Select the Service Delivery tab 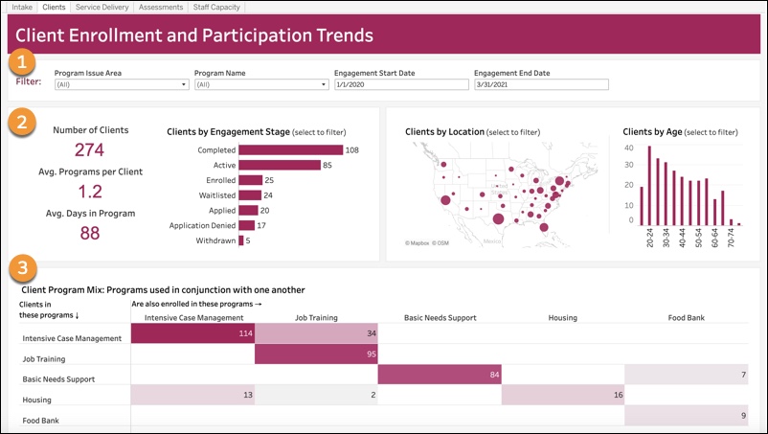pyautogui.click(x=101, y=7)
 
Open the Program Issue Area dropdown pyautogui.click(x=121, y=84)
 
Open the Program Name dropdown pyautogui.click(x=260, y=84)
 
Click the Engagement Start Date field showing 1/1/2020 pyautogui.click(x=400, y=84)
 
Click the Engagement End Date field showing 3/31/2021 pyautogui.click(x=541, y=84)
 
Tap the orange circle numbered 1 pyautogui.click(x=22, y=63)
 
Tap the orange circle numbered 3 pyautogui.click(x=22, y=265)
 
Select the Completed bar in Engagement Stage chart pyautogui.click(x=290, y=149)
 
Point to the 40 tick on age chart pyautogui.click(x=629, y=148)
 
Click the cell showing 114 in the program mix pyautogui.click(x=192, y=332)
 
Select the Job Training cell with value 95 pyautogui.click(x=316, y=354)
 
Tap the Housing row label pyautogui.click(x=37, y=400)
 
